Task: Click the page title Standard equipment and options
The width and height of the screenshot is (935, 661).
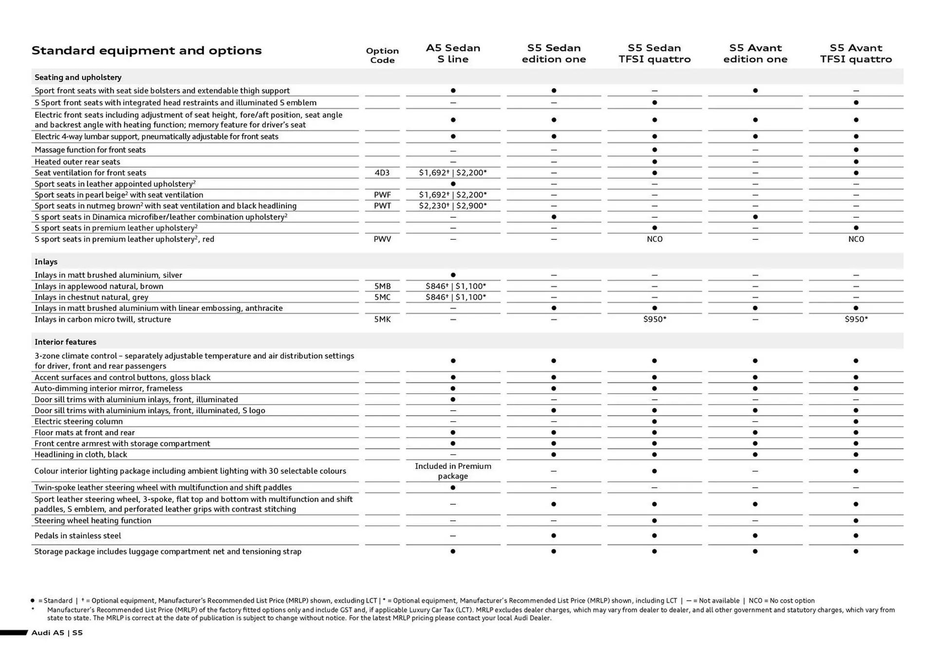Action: click(146, 51)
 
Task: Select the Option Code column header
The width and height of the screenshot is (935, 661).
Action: click(382, 55)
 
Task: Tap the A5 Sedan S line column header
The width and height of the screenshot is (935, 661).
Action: click(453, 54)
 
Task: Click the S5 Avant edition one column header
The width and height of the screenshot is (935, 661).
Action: click(755, 54)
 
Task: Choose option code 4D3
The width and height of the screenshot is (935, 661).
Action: click(382, 173)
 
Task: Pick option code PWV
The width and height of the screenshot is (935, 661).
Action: click(382, 239)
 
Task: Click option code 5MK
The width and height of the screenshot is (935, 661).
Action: click(382, 319)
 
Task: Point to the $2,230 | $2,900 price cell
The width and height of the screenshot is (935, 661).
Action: click(453, 206)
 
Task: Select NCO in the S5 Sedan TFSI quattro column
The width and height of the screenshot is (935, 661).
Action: click(654, 239)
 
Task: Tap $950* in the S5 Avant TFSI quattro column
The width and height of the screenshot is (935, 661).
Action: click(856, 319)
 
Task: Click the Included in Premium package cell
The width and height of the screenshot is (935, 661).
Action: click(453, 471)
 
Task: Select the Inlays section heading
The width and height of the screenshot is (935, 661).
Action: click(46, 262)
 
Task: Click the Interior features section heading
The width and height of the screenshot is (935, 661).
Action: click(65, 342)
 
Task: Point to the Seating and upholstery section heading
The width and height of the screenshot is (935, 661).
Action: click(78, 77)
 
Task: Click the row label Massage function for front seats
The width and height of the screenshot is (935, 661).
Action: click(90, 150)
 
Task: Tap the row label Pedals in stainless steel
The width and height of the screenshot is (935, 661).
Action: click(77, 536)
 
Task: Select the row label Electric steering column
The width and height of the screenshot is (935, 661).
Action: click(78, 422)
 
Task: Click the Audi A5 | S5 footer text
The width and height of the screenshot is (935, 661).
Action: click(57, 633)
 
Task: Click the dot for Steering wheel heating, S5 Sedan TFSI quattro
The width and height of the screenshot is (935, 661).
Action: click(654, 521)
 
